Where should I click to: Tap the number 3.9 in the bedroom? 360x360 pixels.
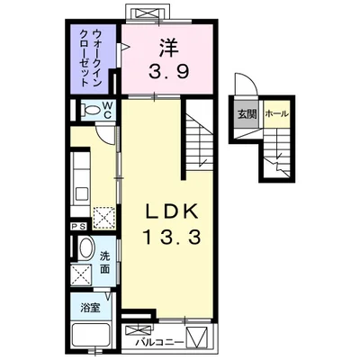tap(168, 71)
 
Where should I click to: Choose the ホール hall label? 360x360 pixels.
tap(276, 114)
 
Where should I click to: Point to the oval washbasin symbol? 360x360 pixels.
tap(85, 248)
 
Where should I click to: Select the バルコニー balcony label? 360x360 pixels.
tap(160, 342)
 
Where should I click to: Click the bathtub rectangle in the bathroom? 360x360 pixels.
tap(89, 338)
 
